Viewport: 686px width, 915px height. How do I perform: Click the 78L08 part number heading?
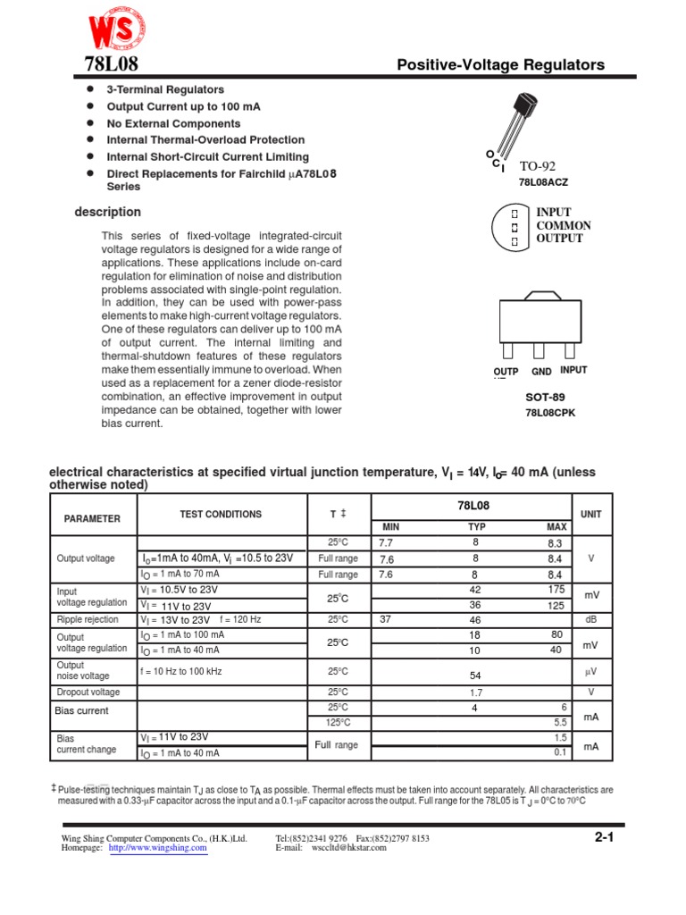(105, 64)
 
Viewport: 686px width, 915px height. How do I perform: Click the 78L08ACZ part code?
(542, 182)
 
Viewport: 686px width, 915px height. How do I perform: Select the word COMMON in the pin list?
(563, 226)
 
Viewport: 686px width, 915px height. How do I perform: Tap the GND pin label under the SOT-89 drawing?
(541, 371)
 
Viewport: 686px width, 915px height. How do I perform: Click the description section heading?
(107, 213)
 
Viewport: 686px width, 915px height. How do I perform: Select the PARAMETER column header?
(92, 518)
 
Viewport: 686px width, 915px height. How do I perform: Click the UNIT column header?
(590, 515)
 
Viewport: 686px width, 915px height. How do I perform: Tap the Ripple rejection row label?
(88, 619)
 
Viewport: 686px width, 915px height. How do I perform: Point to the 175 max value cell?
(556, 590)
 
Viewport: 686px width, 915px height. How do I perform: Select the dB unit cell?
(590, 619)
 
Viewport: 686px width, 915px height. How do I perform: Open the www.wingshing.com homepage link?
(158, 849)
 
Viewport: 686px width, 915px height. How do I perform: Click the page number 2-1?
(604, 838)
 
